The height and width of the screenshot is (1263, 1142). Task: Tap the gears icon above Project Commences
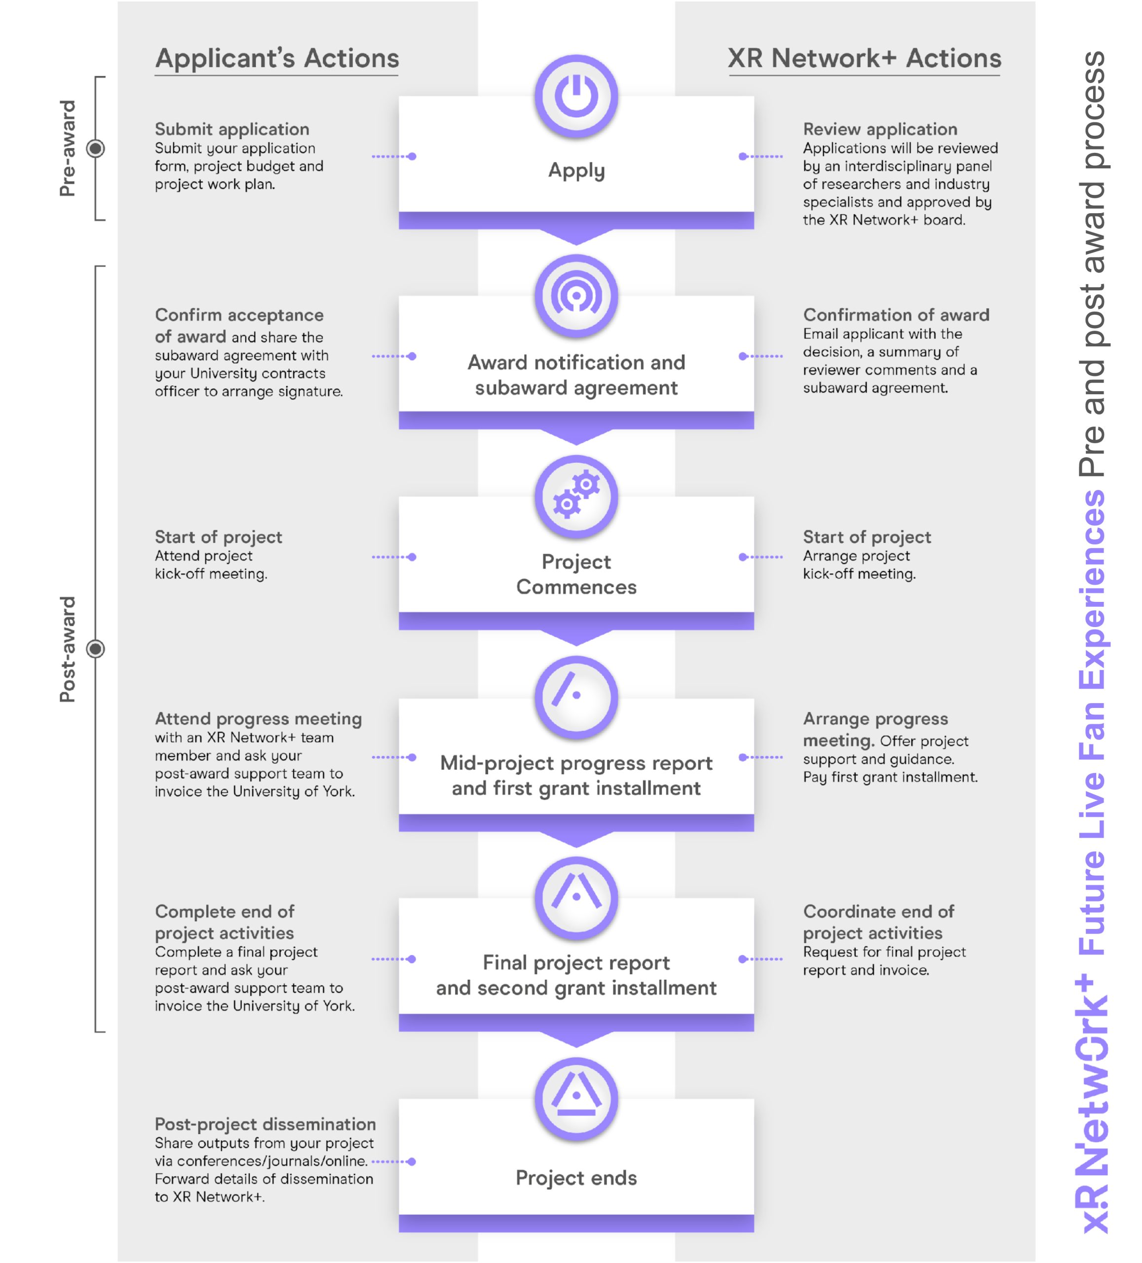576,495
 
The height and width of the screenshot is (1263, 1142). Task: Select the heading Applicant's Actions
276,58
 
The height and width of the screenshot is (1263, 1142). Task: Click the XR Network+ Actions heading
864,58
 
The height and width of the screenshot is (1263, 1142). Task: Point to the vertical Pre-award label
67,149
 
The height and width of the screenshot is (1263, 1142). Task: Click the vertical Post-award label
67,649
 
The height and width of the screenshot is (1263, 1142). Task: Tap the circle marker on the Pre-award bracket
96,149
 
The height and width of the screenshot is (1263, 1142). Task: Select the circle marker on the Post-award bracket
96,649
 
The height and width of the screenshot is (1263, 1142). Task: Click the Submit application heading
232,129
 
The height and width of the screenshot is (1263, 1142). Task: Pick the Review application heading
880,129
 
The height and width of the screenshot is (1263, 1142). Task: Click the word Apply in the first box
576,170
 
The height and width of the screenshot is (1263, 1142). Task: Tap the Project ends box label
576,1178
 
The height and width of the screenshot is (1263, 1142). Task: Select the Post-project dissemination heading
265,1124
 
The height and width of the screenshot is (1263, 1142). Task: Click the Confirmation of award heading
896,314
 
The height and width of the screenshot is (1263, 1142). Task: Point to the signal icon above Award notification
576,296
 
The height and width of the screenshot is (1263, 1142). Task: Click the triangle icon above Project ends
576,1098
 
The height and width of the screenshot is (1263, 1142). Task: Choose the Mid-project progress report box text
576,775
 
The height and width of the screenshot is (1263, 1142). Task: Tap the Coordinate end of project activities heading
878,922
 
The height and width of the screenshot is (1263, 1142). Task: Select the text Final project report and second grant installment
576,975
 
